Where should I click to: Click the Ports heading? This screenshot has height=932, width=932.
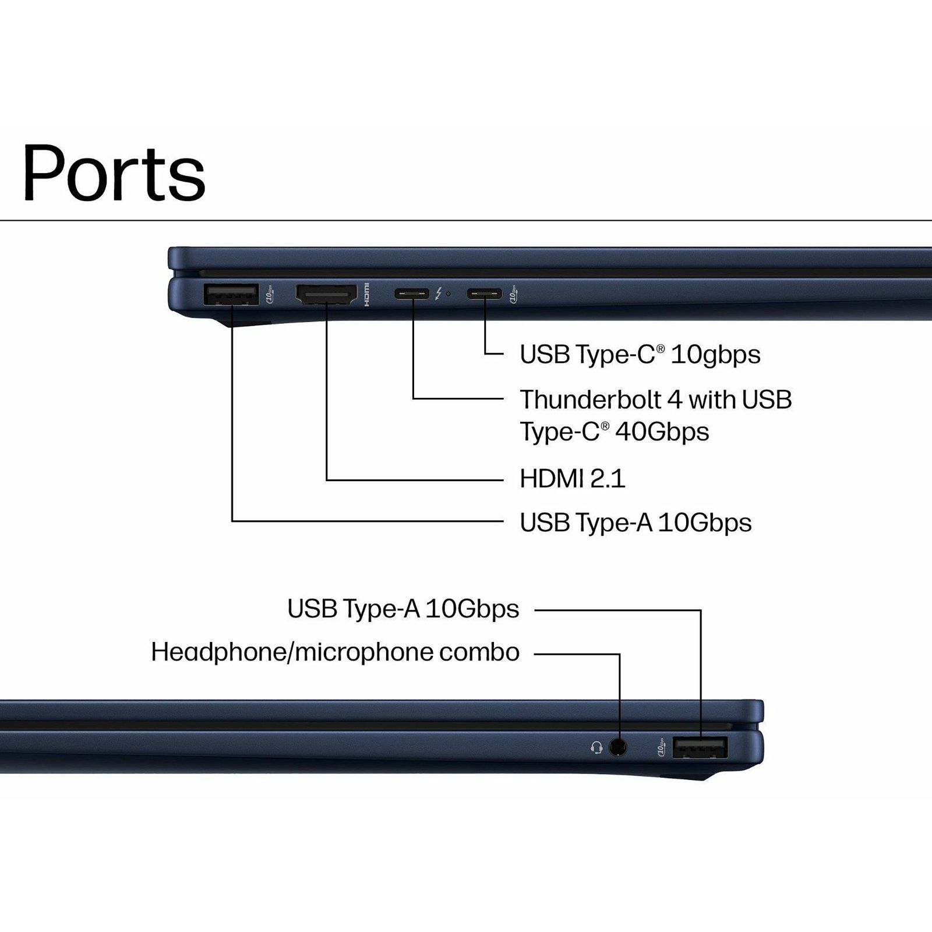(114, 172)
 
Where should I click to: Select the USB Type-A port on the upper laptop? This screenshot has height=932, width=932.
(231, 294)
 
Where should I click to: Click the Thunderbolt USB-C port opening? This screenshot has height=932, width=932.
(412, 294)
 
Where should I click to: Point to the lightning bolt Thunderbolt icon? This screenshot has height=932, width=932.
(438, 294)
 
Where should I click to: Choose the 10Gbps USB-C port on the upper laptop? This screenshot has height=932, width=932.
(484, 294)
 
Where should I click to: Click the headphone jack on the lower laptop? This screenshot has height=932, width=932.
(618, 747)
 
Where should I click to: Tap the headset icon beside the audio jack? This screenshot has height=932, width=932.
(596, 747)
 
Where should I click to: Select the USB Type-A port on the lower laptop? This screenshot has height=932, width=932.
(700, 747)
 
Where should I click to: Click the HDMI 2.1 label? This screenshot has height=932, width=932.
(572, 479)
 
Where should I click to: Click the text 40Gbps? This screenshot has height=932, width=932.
(662, 432)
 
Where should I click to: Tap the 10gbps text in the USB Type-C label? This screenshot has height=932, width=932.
(716, 355)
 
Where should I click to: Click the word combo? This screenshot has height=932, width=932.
(479, 652)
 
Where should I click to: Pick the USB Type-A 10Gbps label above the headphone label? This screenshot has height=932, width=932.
(403, 609)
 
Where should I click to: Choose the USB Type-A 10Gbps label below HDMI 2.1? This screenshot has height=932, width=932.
(636, 523)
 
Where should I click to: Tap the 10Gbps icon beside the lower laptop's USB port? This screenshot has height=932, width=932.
(661, 748)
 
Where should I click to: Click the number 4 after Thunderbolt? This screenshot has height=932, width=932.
(675, 400)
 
